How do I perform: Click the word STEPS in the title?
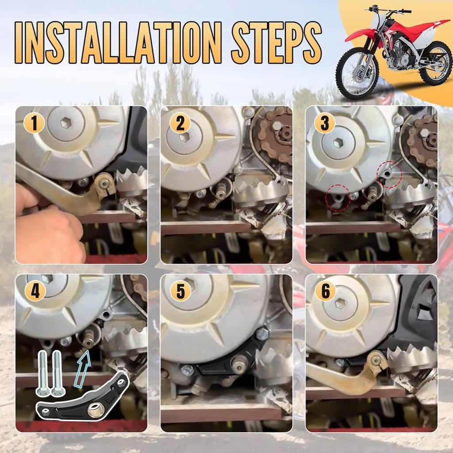(x=276, y=43)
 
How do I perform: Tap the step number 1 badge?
(x=34, y=123)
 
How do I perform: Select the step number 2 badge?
(x=180, y=123)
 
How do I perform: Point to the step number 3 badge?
(x=325, y=123)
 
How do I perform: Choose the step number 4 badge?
(x=35, y=291)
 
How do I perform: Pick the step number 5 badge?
(x=180, y=291)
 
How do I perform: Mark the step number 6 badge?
(x=326, y=291)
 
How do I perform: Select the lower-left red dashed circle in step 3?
(x=338, y=198)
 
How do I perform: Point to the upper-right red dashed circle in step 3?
(x=389, y=174)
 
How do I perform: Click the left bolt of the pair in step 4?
(x=42, y=372)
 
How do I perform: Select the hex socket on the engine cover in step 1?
(x=66, y=123)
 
